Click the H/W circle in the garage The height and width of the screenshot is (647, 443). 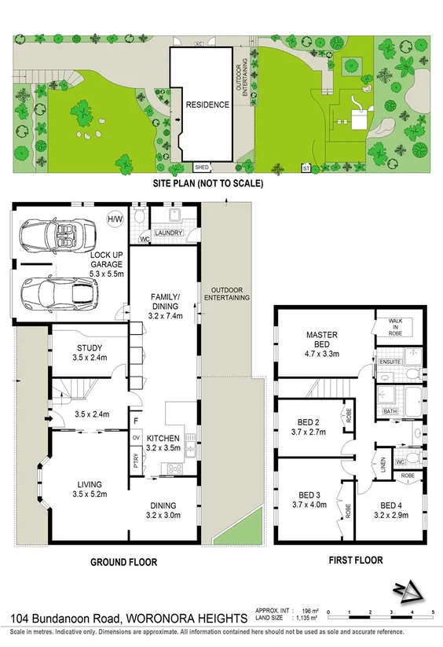click(114, 218)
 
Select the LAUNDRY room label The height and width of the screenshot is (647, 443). click(169, 233)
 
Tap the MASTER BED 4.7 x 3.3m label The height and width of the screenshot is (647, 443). click(321, 340)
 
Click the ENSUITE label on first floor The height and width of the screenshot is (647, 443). click(390, 362)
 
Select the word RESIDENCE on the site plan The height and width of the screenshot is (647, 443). click(207, 105)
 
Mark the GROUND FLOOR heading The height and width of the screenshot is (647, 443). click(123, 562)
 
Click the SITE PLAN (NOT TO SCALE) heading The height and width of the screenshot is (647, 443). click(207, 183)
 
